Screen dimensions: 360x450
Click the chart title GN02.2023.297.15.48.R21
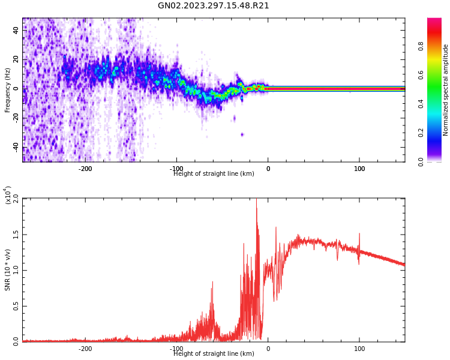pyautogui.click(x=213, y=6)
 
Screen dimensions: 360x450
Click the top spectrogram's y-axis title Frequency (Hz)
pyautogui.click(x=8, y=90)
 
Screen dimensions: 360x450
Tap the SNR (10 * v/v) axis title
pyautogui.click(x=8, y=270)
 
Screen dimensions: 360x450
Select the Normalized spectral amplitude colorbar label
pyautogui.click(x=446, y=90)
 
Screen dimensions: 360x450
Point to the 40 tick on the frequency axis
pyautogui.click(x=16, y=30)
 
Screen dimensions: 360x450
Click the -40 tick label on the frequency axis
pyautogui.click(x=15, y=147)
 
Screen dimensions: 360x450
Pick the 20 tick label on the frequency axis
pyautogui.click(x=16, y=59)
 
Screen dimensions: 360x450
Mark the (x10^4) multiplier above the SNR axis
pyautogui.click(x=8, y=194)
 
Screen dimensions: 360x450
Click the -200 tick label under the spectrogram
pyautogui.click(x=85, y=169)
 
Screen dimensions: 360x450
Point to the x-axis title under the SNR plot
pyautogui.click(x=214, y=354)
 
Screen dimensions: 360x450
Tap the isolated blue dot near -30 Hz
pyautogui.click(x=242, y=134)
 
